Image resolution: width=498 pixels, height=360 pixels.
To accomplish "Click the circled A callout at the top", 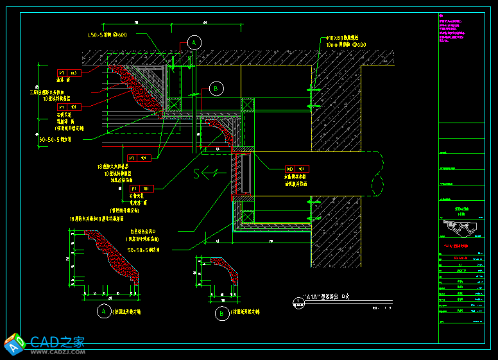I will [x=194, y=42].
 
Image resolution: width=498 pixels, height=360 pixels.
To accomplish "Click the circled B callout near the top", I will [x=216, y=88].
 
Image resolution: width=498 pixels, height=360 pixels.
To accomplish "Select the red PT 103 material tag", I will [x=68, y=73].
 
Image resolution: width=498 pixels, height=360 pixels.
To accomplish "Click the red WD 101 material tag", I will [x=296, y=169].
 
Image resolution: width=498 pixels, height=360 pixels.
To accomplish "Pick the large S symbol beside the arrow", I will [x=198, y=172].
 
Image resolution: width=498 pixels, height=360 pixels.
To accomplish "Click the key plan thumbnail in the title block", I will [x=461, y=227].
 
